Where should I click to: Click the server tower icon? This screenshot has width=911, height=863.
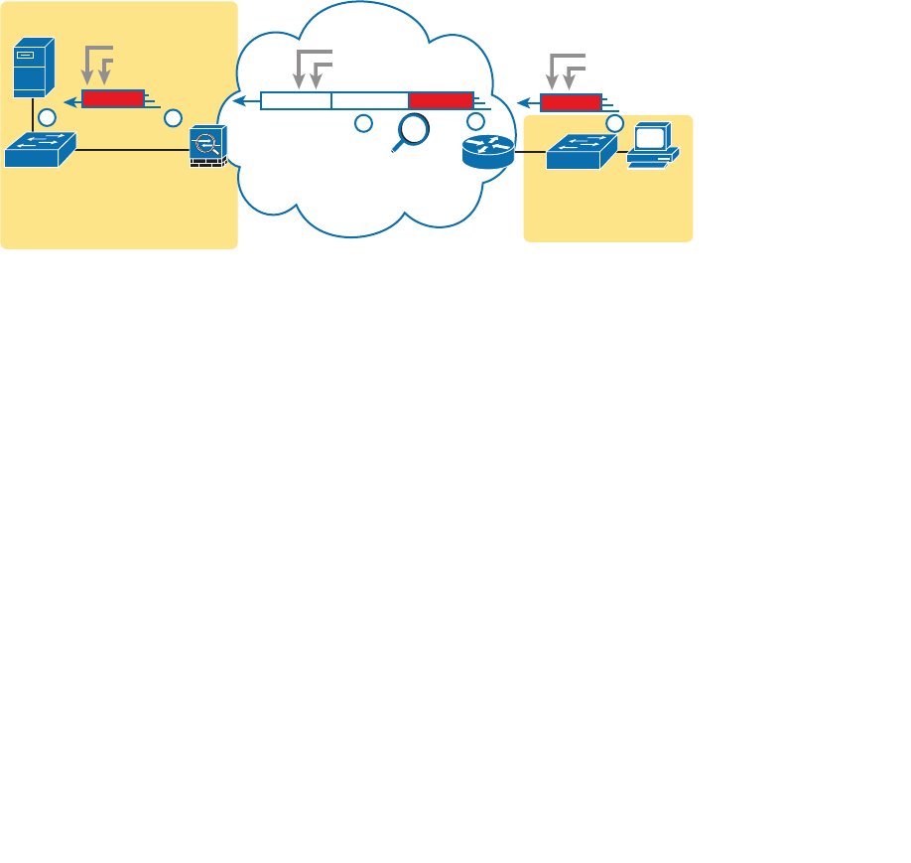click(33, 67)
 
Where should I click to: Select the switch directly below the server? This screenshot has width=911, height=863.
click(40, 150)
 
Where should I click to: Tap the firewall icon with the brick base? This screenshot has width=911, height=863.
click(208, 146)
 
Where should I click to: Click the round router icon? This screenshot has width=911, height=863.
click(488, 151)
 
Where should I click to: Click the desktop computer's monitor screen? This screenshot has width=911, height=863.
click(653, 137)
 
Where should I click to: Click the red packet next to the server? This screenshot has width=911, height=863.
click(112, 98)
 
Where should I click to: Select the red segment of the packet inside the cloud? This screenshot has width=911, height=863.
click(441, 100)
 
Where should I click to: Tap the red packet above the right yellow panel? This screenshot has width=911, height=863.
click(571, 102)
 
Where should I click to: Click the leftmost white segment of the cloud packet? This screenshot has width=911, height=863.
click(296, 100)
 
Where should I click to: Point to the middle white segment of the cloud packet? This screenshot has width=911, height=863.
click(370, 100)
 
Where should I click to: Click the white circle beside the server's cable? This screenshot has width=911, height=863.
click(47, 118)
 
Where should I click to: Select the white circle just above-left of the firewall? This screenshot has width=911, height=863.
click(174, 118)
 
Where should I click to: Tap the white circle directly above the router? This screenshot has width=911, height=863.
click(475, 121)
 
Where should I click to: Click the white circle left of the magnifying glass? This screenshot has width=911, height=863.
click(363, 123)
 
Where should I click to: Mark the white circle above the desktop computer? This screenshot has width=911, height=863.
click(614, 123)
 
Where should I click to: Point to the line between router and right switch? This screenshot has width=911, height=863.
click(530, 152)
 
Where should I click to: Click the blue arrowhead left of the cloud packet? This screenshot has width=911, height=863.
click(239, 100)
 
